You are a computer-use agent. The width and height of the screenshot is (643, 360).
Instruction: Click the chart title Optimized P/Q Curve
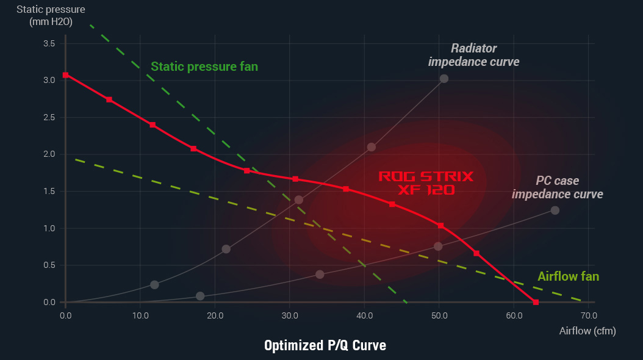[x=325, y=345]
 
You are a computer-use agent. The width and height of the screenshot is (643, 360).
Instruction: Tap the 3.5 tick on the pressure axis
[x=49, y=43]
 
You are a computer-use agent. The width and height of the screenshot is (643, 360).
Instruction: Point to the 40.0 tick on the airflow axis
[x=364, y=315]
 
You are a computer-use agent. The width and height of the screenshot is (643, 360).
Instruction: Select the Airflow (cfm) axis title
[x=587, y=331]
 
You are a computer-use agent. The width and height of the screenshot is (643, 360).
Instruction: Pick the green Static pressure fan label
[x=204, y=67]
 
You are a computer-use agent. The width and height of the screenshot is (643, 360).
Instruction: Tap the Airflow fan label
[x=568, y=276]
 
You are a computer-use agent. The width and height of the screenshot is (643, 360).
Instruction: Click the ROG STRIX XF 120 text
[x=426, y=183]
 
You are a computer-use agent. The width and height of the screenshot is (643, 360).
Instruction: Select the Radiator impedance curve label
[x=474, y=55]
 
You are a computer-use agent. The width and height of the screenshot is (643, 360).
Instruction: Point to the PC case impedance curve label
[x=558, y=187]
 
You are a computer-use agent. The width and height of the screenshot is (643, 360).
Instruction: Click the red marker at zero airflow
[x=65, y=75]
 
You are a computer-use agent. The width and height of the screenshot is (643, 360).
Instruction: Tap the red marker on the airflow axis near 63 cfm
[x=536, y=302]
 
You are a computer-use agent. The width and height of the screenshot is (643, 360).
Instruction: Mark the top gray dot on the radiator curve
[x=444, y=79]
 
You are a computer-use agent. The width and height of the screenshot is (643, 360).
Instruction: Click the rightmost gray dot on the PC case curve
[x=555, y=211]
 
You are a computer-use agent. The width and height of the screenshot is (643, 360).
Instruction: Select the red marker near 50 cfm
[x=440, y=226]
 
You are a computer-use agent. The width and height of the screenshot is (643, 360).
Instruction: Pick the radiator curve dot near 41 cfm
[x=372, y=147]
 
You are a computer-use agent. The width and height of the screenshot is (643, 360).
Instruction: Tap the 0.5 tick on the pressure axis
[x=49, y=265]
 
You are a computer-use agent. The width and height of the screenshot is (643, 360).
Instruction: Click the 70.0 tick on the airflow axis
[x=589, y=315]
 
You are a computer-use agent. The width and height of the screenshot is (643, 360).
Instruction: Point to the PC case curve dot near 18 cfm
[x=200, y=296]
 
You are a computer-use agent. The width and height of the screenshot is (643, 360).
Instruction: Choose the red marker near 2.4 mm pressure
[x=153, y=124]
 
